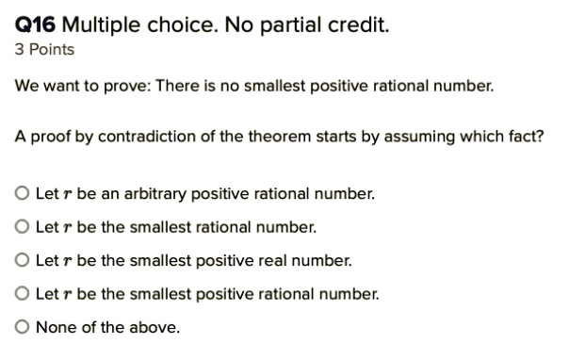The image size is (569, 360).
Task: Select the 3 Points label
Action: pos(45,49)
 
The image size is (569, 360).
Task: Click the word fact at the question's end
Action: pos(526,136)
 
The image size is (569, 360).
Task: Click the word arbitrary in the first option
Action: pos(156,195)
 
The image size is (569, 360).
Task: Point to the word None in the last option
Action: pos(52,327)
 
